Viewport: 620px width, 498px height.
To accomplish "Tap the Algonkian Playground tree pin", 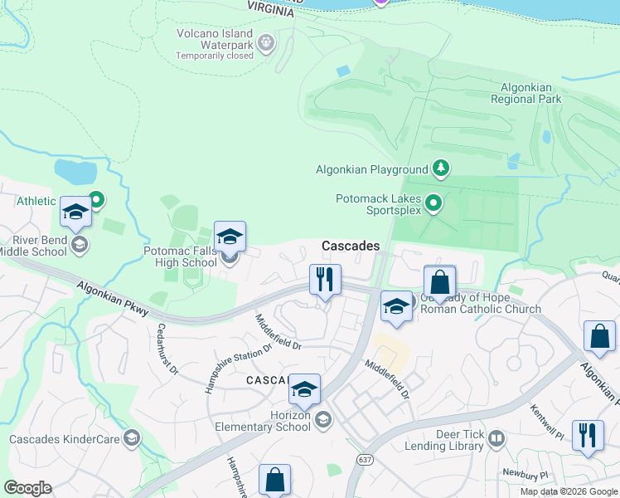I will pos(441,169).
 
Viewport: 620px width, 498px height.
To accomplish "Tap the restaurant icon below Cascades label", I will pos(325,279).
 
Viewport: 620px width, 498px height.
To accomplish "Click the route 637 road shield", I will pos(365,459).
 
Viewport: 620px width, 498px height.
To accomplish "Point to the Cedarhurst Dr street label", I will pos(163,349).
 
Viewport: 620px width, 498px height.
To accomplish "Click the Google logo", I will pos(27,488).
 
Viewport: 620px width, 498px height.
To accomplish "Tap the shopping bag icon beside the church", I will pos(439,281).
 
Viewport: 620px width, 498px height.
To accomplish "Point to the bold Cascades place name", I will pos(351,247).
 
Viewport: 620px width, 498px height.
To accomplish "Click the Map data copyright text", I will pos(569,491).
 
